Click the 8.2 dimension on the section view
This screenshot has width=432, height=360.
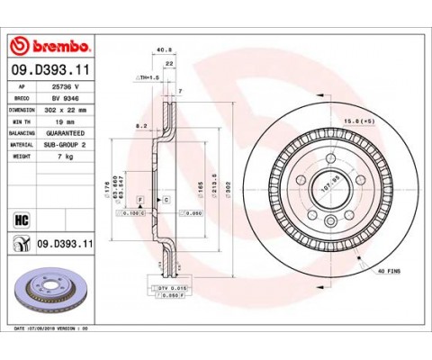[x=139, y=128]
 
